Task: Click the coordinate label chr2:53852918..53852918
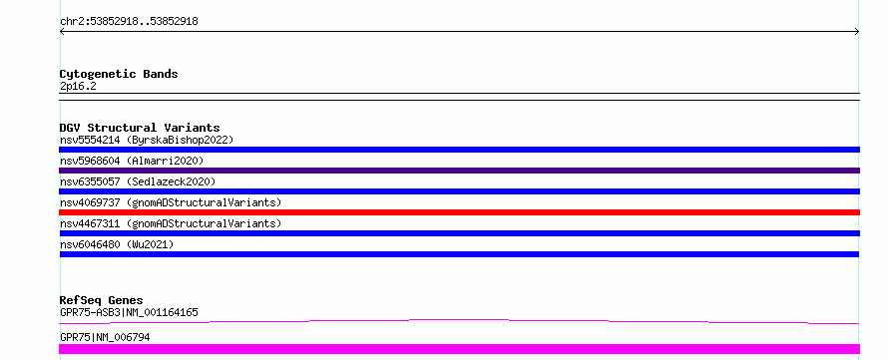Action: point(129,22)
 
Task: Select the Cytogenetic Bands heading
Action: point(119,74)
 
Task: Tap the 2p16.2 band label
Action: point(78,86)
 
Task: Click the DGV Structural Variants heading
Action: point(140,128)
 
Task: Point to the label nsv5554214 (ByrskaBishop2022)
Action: point(147,140)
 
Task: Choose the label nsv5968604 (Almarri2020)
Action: point(132,161)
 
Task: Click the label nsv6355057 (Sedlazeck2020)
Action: point(138,181)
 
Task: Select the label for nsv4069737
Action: point(171,202)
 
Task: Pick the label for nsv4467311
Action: point(171,223)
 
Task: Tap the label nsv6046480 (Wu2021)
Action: point(117,244)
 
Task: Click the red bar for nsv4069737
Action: point(459,212)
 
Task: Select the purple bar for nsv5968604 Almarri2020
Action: point(459,171)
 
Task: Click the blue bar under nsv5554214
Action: point(459,150)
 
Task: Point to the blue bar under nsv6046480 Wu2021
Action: point(459,254)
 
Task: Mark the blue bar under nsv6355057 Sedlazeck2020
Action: point(459,191)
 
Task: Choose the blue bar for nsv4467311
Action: point(459,233)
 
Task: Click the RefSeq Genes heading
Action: point(102,300)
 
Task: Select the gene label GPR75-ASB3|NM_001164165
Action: point(129,312)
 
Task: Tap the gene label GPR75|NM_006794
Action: point(105,337)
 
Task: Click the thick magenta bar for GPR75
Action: point(459,349)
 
